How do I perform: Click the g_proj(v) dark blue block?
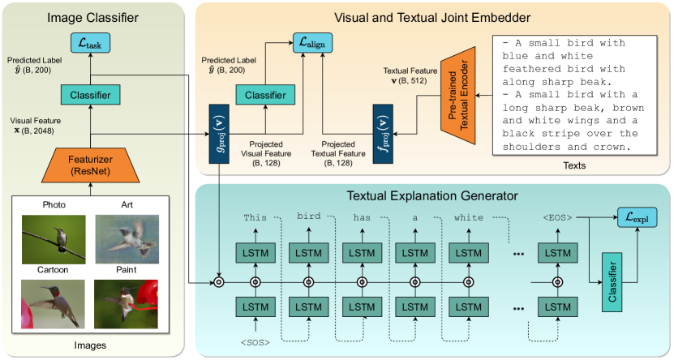(218, 134)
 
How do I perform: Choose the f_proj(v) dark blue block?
(383, 134)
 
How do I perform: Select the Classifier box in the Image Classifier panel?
(91, 95)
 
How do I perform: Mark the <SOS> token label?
(255, 342)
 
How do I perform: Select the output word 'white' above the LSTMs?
(468, 217)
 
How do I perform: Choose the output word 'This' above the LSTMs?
(255, 217)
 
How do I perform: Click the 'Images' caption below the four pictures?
(91, 345)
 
